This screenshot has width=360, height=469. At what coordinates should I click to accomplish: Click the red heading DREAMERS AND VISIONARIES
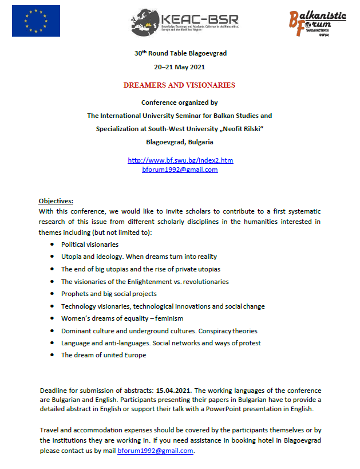click(180, 85)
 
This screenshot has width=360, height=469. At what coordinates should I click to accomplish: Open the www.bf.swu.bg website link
click(180, 160)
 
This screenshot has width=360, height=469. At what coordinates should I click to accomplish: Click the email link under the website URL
click(180, 170)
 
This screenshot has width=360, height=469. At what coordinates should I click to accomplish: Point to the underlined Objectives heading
click(56, 201)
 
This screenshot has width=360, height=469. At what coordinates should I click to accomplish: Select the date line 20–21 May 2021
click(180, 68)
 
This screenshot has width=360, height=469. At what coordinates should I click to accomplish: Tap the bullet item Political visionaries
click(90, 245)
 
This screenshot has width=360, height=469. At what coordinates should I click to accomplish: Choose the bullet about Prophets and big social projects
click(109, 294)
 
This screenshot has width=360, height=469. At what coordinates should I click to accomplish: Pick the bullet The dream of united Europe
click(104, 355)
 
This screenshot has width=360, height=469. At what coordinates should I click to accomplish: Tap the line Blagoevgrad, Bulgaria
click(180, 141)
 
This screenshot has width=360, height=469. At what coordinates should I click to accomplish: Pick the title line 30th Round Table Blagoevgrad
click(180, 53)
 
